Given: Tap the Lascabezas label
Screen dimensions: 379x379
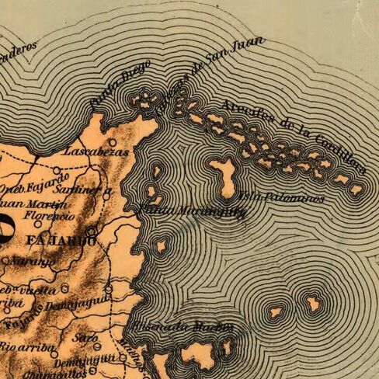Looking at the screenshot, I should (x=85, y=151).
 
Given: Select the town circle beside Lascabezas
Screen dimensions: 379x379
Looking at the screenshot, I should (x=113, y=143).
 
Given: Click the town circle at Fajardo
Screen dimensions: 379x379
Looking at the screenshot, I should (x=92, y=231).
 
